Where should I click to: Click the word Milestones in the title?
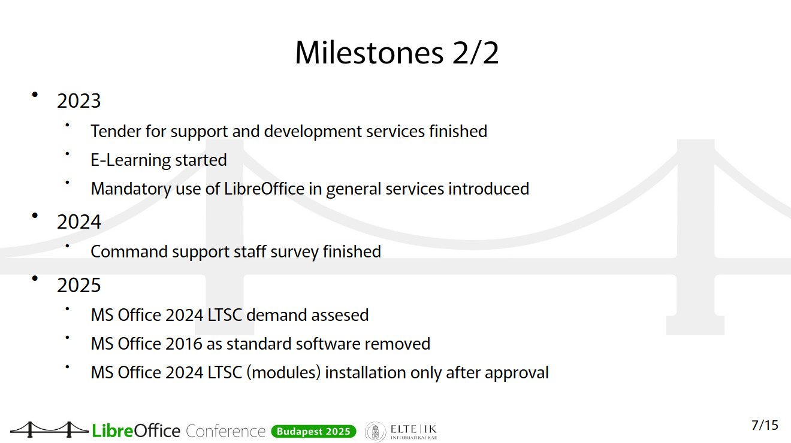[x=369, y=53]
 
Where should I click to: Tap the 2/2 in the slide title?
[x=475, y=53]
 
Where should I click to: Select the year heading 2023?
[x=79, y=101]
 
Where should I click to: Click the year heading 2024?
[x=79, y=222]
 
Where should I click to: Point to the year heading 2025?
[x=79, y=285]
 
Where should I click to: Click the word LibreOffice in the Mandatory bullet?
[x=264, y=189]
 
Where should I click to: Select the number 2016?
[x=183, y=344]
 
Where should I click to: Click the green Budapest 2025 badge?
[x=313, y=432]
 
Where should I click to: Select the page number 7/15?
[x=765, y=426]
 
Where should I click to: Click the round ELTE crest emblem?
[x=375, y=432]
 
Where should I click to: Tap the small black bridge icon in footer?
[x=49, y=430]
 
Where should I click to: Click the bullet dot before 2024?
[x=35, y=216]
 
